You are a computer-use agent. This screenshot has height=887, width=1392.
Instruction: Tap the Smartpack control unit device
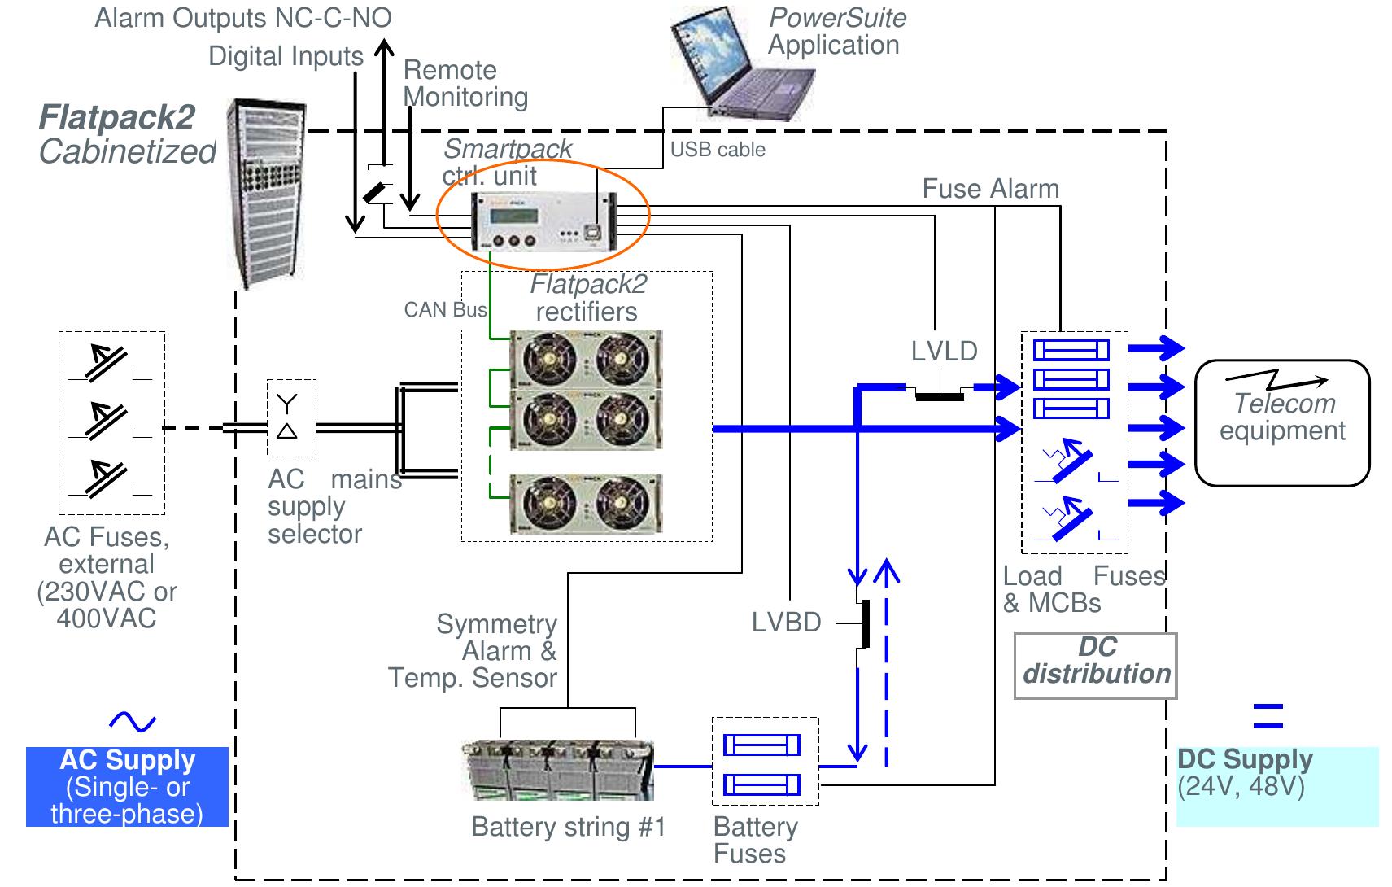click(x=543, y=222)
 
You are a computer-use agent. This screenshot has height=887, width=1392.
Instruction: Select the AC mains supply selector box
click(x=291, y=417)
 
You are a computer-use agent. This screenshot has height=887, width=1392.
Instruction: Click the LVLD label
click(x=944, y=352)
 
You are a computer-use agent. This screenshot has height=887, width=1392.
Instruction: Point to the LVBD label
click(x=786, y=623)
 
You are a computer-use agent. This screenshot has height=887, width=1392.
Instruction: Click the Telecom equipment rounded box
click(x=1282, y=422)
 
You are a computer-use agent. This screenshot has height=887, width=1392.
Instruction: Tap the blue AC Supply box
click(x=127, y=787)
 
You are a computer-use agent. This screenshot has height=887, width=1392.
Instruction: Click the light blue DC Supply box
click(x=1276, y=786)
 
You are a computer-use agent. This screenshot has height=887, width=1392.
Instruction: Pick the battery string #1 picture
click(x=558, y=770)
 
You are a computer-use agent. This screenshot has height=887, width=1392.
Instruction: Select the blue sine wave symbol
click(x=132, y=721)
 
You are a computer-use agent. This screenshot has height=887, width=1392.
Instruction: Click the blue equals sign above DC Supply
click(x=1268, y=715)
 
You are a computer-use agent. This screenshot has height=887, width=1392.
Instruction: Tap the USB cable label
click(x=718, y=150)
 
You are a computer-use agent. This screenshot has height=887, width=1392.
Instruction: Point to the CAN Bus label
click(x=445, y=310)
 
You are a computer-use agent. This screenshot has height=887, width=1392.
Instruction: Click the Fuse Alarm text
click(x=990, y=189)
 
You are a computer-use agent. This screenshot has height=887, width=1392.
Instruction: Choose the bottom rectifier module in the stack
click(x=585, y=503)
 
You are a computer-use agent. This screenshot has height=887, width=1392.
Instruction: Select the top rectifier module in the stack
click(x=585, y=358)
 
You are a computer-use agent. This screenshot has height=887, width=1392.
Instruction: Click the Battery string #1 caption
click(x=568, y=827)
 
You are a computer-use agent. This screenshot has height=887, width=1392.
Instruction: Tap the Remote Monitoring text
click(x=465, y=83)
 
